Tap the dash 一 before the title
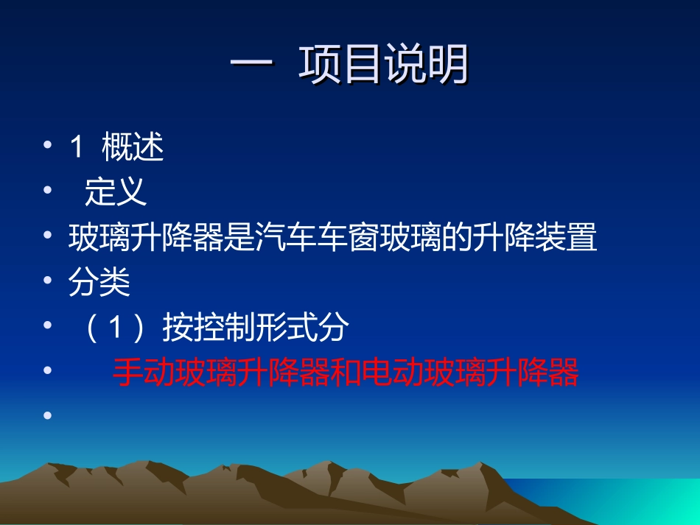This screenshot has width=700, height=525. point(253,66)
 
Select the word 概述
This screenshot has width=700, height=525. point(133,148)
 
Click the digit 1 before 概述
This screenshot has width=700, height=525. point(76,148)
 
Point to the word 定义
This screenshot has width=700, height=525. point(116,193)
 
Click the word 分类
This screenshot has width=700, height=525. point(99,283)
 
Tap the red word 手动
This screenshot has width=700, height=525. point(143,373)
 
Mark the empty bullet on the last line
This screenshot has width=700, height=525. point(48,416)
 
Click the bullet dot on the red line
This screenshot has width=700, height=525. point(48,371)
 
